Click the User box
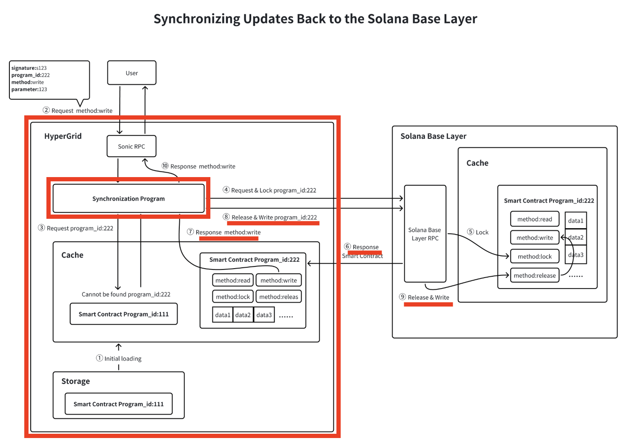132,73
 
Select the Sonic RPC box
132,146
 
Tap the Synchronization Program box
128,198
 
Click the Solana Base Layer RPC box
425,234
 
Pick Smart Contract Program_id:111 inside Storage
118,404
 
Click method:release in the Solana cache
534,275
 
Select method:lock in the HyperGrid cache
233,297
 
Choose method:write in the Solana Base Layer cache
534,238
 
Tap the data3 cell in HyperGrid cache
264,315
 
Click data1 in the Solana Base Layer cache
575,220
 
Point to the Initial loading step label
123,358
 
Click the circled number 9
402,297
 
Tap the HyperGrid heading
63,136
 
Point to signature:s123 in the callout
29,68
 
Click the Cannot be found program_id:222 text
126,294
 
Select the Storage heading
75,381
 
